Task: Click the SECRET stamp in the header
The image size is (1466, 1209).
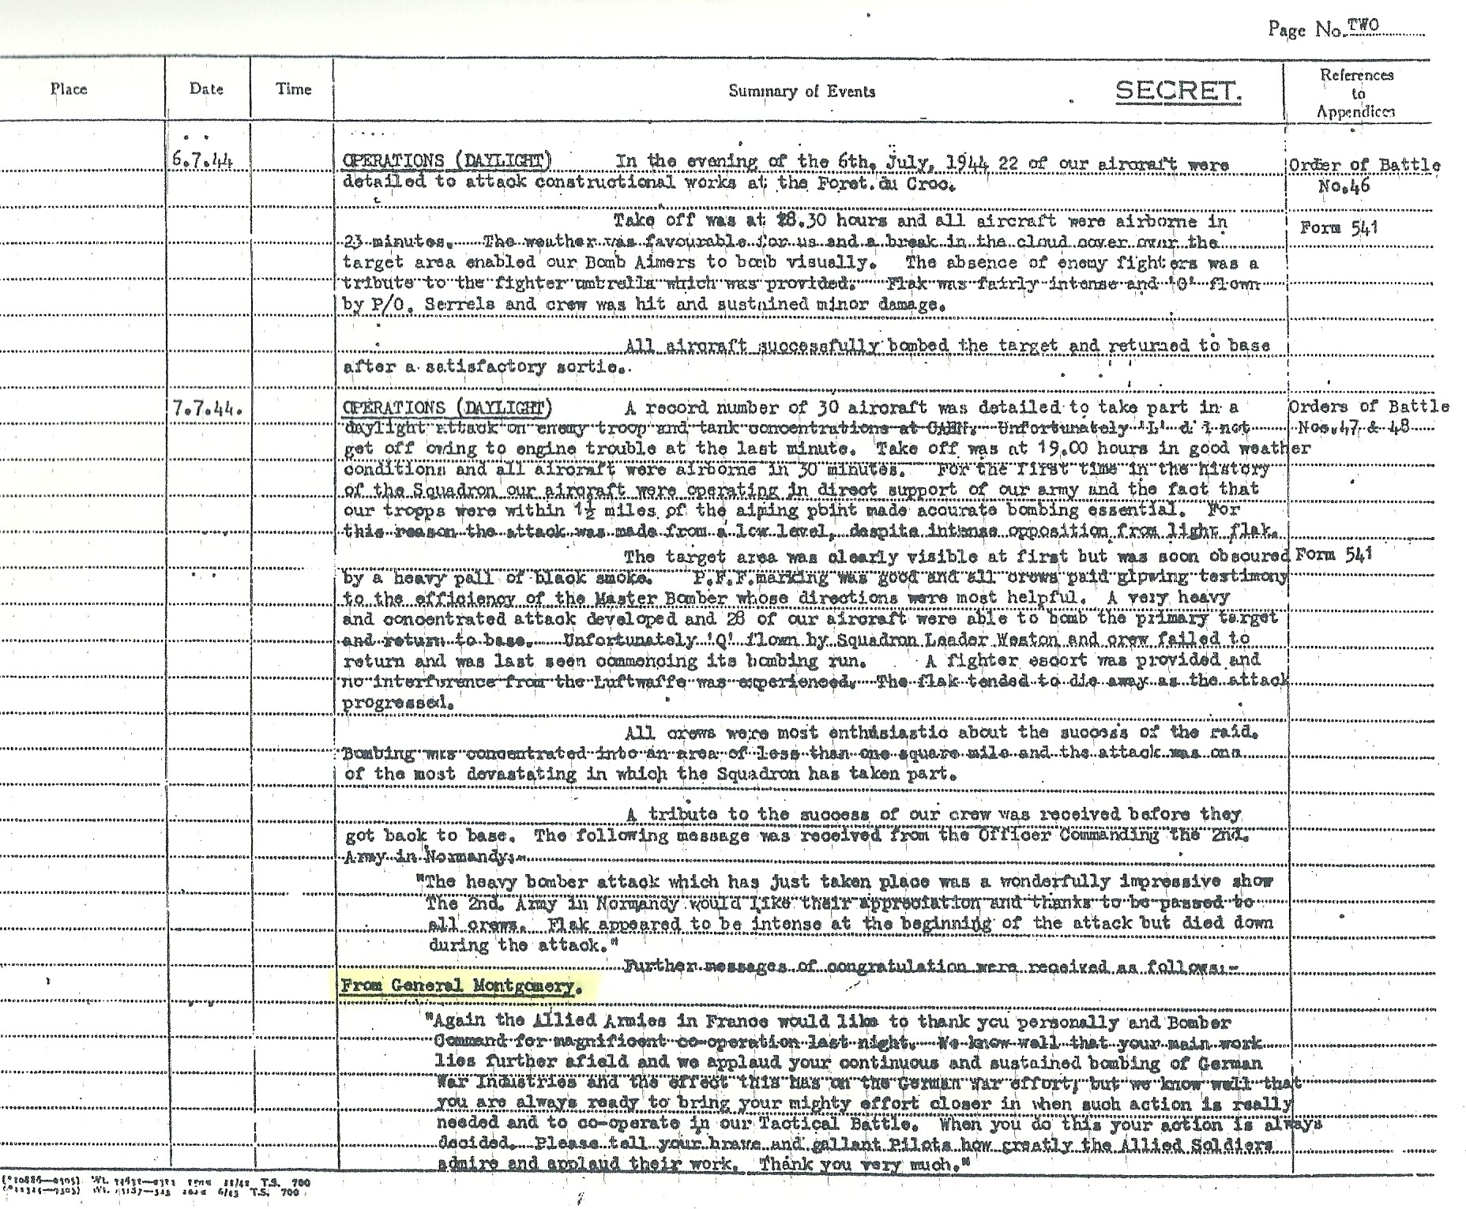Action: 1178,92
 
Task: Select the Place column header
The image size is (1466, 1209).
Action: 69,89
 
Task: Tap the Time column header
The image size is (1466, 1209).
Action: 293,89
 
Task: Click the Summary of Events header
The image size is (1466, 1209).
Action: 801,92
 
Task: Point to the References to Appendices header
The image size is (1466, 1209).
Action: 1356,93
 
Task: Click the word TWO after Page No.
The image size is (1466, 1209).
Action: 1363,25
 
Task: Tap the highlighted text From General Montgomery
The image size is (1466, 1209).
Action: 462,986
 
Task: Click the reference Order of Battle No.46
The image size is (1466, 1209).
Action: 1363,175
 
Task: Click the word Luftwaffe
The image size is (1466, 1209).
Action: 634,681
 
